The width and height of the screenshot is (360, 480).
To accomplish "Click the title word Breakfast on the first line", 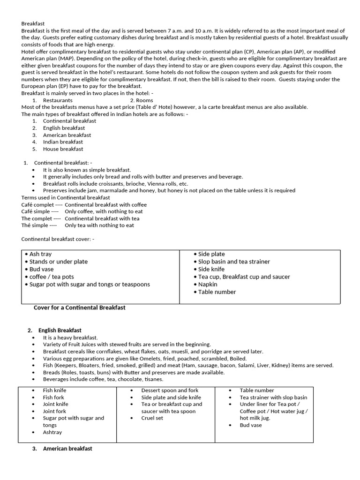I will (34, 23).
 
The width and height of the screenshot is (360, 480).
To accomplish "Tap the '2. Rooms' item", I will (141, 100).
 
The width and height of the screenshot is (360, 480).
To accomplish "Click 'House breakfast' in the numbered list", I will (63, 149).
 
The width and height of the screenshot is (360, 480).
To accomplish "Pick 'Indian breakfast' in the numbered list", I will (63, 142).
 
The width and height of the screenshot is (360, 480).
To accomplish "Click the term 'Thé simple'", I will (35, 225).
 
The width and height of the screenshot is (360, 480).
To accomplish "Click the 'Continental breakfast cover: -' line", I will (58, 239).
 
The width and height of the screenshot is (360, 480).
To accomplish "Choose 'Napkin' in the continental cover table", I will (207, 284).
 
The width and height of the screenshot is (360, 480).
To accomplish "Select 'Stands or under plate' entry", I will (58, 262).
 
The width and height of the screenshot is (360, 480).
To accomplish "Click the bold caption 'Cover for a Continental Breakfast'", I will (79, 308).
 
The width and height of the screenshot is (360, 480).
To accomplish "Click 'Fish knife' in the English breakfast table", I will (54, 390).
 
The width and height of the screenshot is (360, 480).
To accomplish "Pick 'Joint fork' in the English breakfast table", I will (54, 411).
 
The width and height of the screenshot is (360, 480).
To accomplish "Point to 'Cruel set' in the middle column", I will (152, 418).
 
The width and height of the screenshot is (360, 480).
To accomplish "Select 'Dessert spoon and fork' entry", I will (170, 390).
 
